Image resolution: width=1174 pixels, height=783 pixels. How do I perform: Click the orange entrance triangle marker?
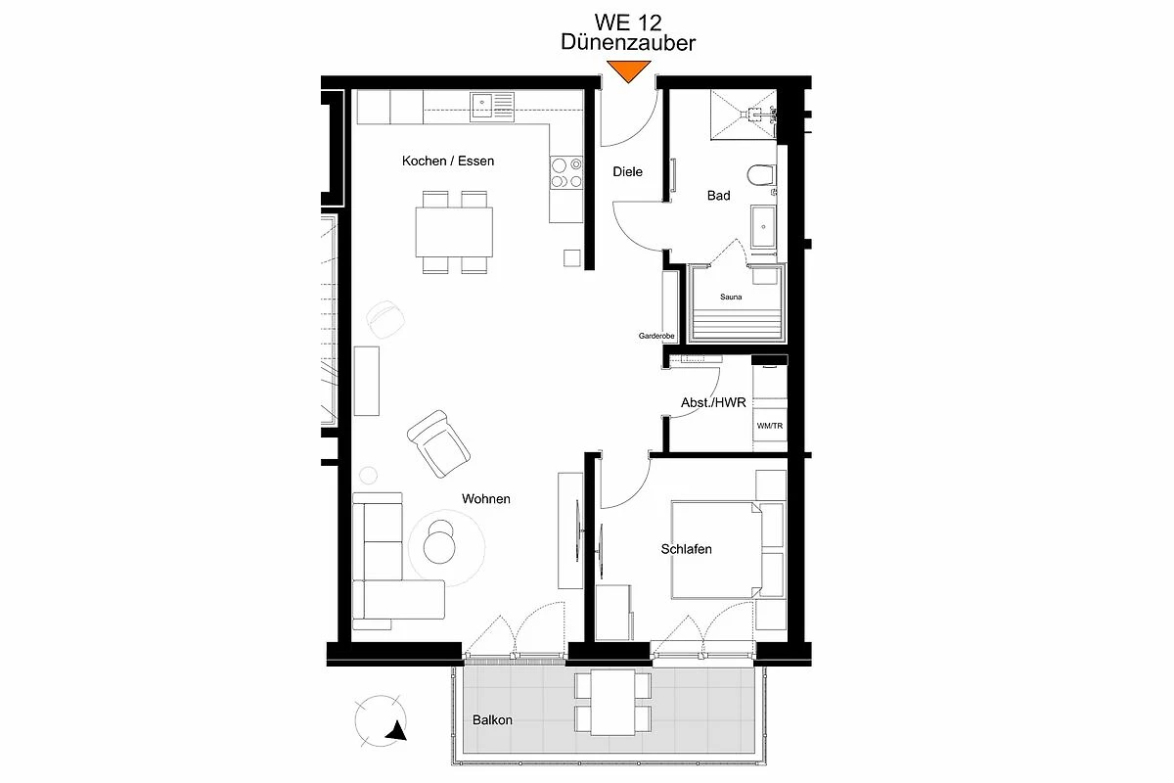click(x=628, y=70)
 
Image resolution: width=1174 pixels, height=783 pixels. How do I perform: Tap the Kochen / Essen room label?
click(x=448, y=161)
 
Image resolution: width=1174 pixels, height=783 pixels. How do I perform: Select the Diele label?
click(x=627, y=171)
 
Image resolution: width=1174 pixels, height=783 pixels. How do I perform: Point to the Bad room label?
click(x=718, y=196)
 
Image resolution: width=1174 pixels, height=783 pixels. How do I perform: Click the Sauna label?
click(x=731, y=297)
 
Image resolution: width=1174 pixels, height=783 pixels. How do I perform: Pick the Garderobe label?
click(x=656, y=336)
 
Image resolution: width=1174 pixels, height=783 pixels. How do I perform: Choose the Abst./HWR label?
click(x=713, y=403)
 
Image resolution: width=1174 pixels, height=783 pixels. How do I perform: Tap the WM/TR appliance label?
click(x=769, y=426)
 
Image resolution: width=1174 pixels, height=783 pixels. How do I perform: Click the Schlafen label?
click(x=686, y=549)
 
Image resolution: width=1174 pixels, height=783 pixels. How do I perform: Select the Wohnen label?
click(x=486, y=499)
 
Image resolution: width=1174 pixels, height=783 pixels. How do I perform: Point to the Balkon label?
click(x=492, y=720)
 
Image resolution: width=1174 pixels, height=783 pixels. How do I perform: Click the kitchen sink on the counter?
click(x=492, y=107)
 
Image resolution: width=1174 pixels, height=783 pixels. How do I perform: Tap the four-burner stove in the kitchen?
click(x=566, y=172)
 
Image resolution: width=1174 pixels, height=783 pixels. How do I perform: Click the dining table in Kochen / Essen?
click(x=454, y=232)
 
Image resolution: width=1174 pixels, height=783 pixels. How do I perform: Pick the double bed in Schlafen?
click(x=716, y=550)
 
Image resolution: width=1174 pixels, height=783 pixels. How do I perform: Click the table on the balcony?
click(x=612, y=702)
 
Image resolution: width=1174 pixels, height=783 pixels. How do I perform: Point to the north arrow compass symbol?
click(x=381, y=720)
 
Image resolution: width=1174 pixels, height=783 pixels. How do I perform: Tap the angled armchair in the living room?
click(x=438, y=443)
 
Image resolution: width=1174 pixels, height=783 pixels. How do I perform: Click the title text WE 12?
click(x=628, y=23)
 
